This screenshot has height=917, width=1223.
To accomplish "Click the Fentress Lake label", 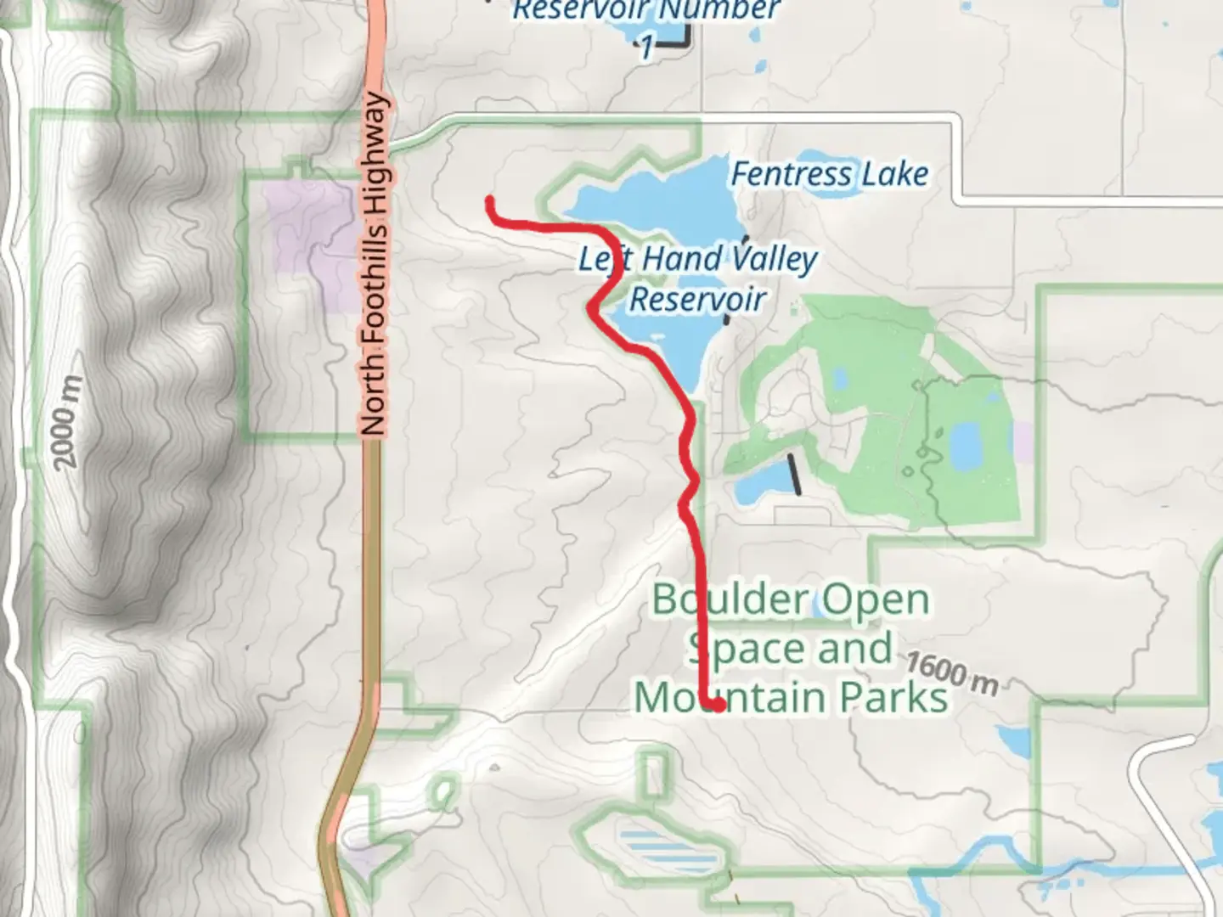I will pyautogui.click(x=829, y=175).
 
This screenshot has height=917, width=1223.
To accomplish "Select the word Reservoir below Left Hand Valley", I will pyautogui.click(x=697, y=299).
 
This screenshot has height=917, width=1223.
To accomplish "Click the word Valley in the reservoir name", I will pyautogui.click(x=772, y=259).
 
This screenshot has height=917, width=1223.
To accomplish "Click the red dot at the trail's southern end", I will pyautogui.click(x=719, y=704).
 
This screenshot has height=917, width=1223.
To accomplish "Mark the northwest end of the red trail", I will pyautogui.click(x=490, y=201).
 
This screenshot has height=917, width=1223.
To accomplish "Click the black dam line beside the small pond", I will pyautogui.click(x=795, y=475).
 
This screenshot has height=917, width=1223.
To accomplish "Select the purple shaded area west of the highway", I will pyautogui.click(x=310, y=229).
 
